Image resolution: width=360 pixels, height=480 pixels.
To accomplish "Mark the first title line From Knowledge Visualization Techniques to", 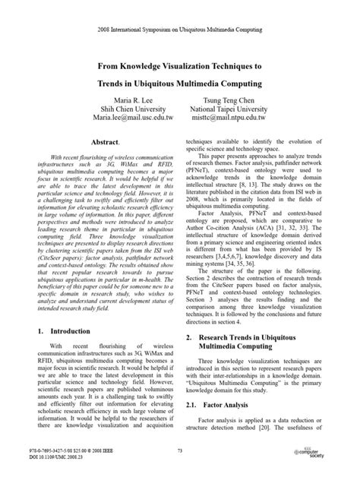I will pos(180,67).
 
